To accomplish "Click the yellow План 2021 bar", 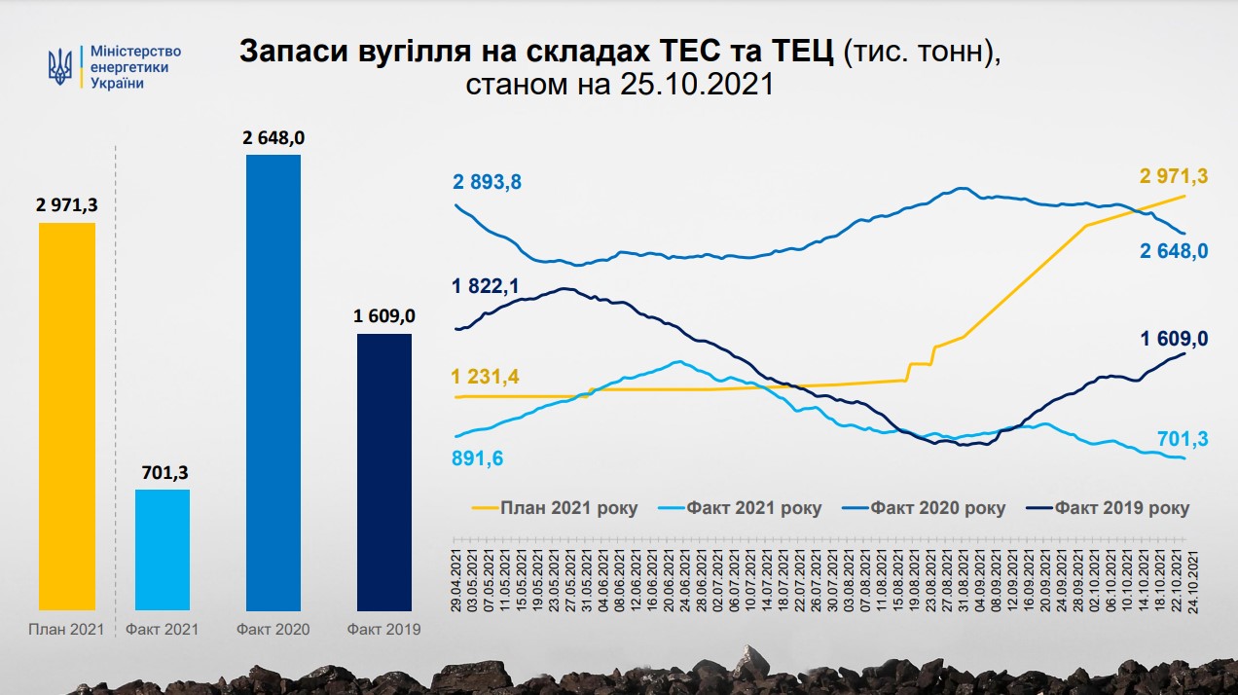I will pyautogui.click(x=67, y=416).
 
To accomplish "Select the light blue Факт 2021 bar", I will pyautogui.click(x=162, y=549).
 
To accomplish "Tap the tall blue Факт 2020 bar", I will pyautogui.click(x=273, y=382).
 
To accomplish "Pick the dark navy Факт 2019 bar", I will pyautogui.click(x=383, y=471).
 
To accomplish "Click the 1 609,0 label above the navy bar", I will pyautogui.click(x=383, y=316).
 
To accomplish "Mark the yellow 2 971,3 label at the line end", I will pyautogui.click(x=1174, y=175).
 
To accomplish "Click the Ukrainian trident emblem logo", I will pyautogui.click(x=60, y=67).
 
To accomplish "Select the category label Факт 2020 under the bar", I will pyautogui.click(x=273, y=630).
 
